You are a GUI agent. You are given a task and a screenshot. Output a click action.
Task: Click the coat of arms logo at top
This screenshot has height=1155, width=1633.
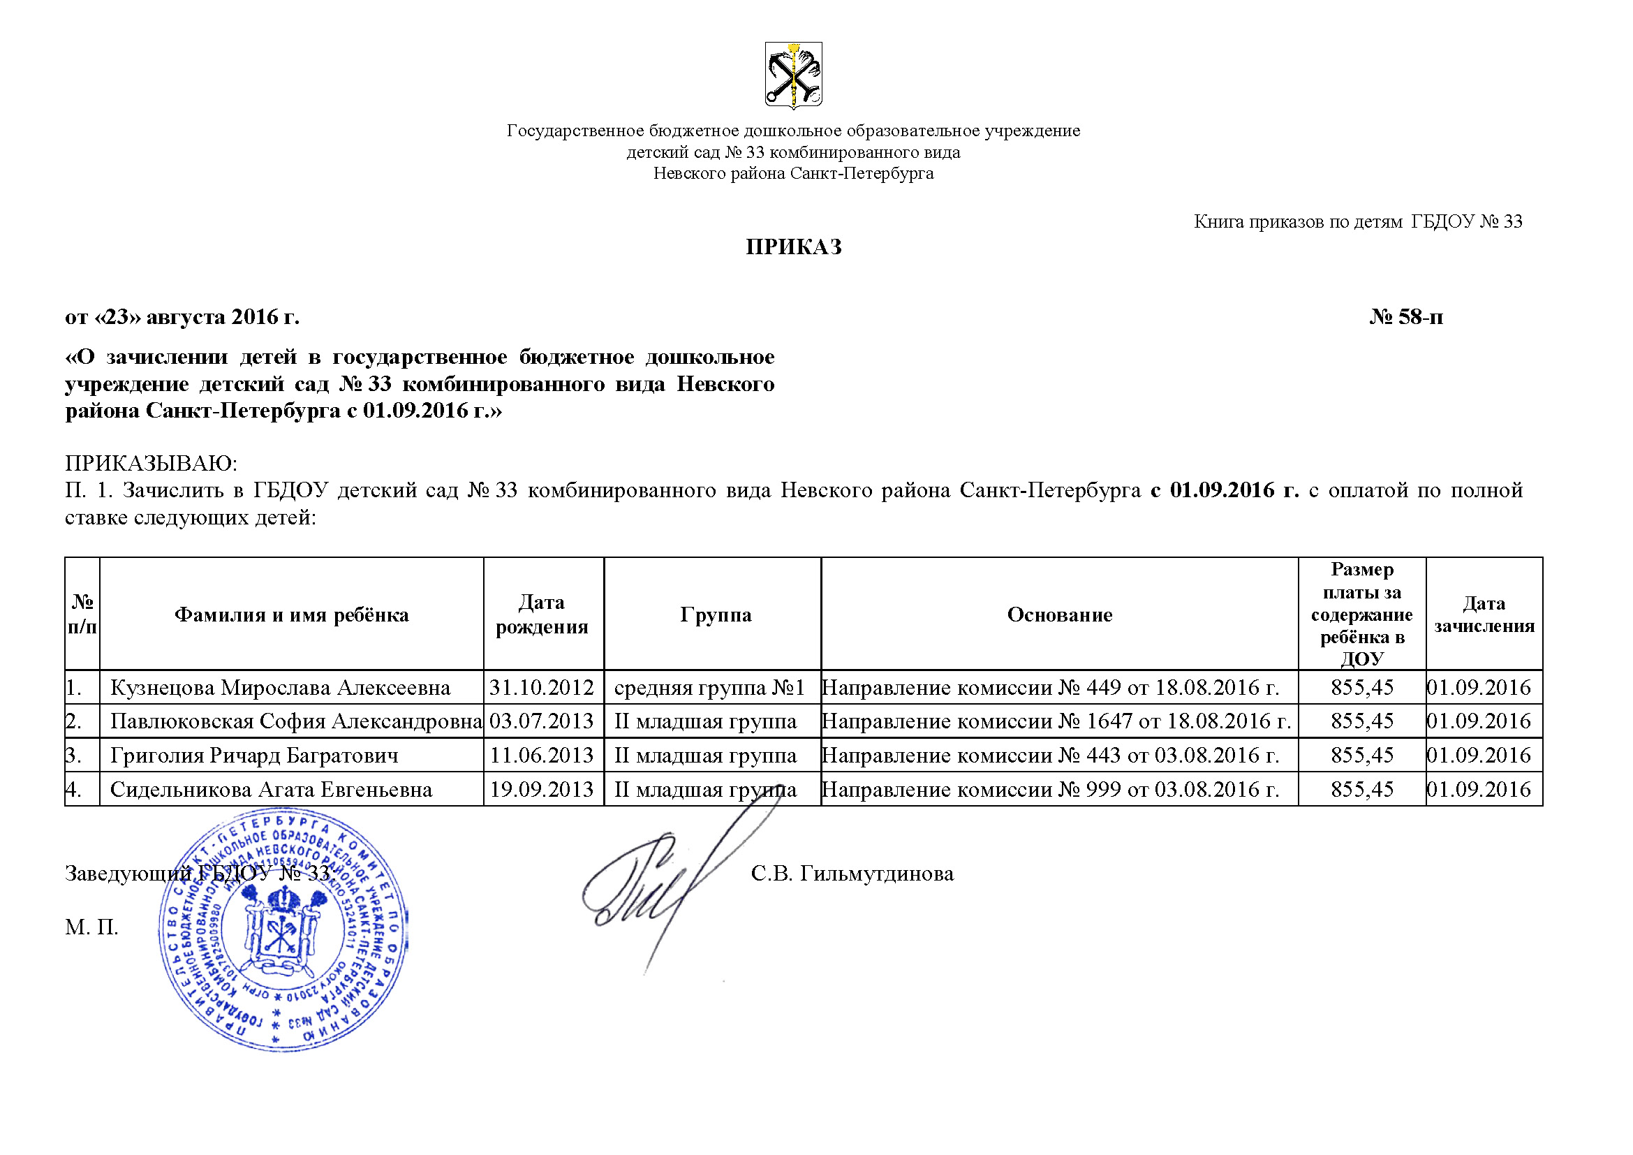coord(793,75)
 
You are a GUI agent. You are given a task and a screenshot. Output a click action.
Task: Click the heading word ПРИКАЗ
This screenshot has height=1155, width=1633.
coord(793,247)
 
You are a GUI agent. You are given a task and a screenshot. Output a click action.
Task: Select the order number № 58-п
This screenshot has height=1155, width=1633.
coord(1406,316)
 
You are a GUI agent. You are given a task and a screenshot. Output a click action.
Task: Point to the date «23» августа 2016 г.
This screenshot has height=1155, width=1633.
coord(182,316)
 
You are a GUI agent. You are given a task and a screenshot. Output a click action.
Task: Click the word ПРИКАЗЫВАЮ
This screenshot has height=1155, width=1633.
coord(151,463)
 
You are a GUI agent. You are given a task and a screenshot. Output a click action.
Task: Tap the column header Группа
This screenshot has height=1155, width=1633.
coord(715,615)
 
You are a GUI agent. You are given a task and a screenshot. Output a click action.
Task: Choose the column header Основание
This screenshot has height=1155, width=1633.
coord(1059,615)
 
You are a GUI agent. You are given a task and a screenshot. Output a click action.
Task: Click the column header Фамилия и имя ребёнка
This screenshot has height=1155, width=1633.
coord(292,615)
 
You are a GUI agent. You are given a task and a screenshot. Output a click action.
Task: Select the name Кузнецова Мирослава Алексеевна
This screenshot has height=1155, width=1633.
coord(280,688)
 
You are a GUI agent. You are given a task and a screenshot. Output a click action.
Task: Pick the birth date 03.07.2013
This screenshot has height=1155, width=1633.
coord(541,721)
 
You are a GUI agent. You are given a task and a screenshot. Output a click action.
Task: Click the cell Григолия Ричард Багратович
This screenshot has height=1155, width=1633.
coord(254,756)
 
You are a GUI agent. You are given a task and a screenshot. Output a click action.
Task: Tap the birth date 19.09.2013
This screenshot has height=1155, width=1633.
coord(541,790)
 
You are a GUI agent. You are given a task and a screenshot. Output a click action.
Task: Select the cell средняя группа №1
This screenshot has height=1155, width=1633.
coord(709,688)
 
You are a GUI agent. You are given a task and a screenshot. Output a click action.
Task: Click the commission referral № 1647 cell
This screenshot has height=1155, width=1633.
coord(1056,721)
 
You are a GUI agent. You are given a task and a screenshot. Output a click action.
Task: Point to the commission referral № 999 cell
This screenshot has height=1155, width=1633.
coord(1050,790)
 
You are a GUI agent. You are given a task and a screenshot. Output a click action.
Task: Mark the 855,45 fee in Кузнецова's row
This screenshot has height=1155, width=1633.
coord(1362,688)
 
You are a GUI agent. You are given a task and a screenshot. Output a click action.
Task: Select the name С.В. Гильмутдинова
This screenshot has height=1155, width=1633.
coord(852,874)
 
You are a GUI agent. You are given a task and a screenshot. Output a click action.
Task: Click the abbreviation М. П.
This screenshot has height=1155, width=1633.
coord(91,927)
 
